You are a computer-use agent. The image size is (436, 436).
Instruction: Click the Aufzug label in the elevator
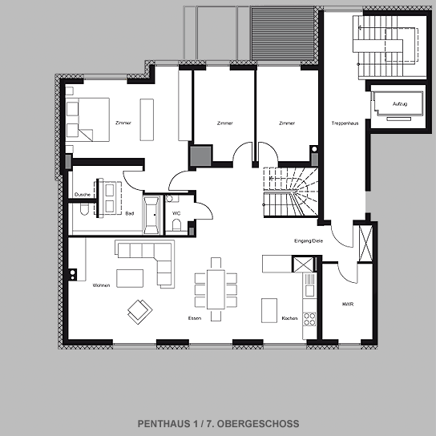(400, 104)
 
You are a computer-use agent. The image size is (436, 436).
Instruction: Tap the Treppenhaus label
(345, 123)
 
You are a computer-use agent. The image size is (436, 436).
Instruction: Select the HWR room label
(348, 305)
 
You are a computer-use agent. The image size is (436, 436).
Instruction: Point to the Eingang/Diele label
(309, 240)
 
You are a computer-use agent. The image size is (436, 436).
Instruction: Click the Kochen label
(289, 318)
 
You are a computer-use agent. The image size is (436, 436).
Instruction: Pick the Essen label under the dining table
(195, 318)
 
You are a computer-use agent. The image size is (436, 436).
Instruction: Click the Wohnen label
(101, 285)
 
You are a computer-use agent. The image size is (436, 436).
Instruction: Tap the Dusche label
(83, 195)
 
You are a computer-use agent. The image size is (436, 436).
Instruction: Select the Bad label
(130, 213)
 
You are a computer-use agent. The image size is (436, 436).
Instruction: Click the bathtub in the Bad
(151, 215)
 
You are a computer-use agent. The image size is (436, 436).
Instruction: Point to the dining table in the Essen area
(216, 289)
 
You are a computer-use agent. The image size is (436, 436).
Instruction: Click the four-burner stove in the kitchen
(309, 319)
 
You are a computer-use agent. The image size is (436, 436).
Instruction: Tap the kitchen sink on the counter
(309, 291)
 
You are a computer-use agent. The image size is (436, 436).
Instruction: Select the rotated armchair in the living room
(140, 312)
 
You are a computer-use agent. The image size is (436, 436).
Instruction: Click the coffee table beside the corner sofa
(130, 278)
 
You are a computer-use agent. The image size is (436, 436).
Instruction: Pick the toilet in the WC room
(176, 224)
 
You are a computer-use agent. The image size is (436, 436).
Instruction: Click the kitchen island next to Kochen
(269, 311)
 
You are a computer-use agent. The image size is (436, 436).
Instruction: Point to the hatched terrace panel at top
(282, 34)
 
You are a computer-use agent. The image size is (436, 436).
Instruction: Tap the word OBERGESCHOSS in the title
(258, 424)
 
